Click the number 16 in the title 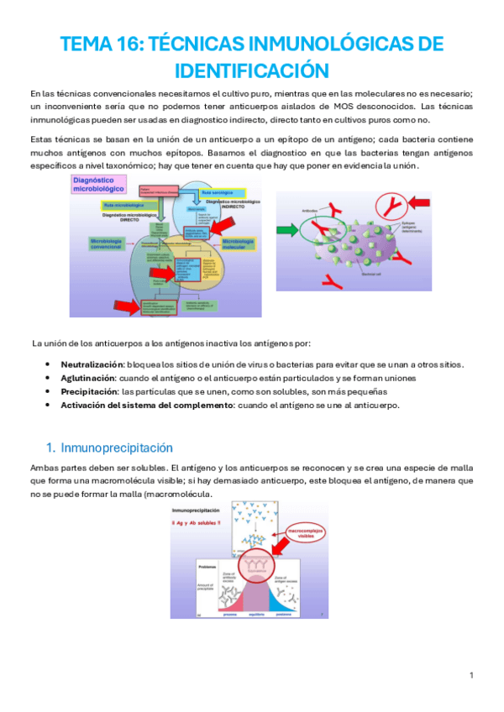(123, 44)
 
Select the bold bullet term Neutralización (91, 364)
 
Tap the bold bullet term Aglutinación (88, 378)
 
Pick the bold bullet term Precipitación (88, 391)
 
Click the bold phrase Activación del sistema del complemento (147, 405)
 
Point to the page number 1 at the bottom (472, 676)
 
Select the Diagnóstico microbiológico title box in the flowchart (98, 184)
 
